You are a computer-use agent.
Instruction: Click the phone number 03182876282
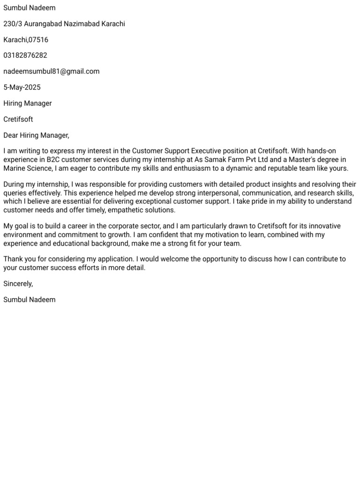click(x=25, y=55)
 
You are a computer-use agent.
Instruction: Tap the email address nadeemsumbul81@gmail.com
click(x=52, y=71)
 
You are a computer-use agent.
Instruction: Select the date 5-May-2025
click(x=22, y=87)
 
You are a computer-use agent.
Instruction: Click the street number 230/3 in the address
click(x=12, y=24)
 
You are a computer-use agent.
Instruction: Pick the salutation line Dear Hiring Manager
click(x=36, y=135)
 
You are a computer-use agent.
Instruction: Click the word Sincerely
click(x=18, y=284)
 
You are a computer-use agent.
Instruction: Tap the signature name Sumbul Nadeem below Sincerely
click(x=29, y=300)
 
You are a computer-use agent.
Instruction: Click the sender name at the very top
click(x=29, y=8)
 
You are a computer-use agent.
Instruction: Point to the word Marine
click(x=15, y=168)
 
